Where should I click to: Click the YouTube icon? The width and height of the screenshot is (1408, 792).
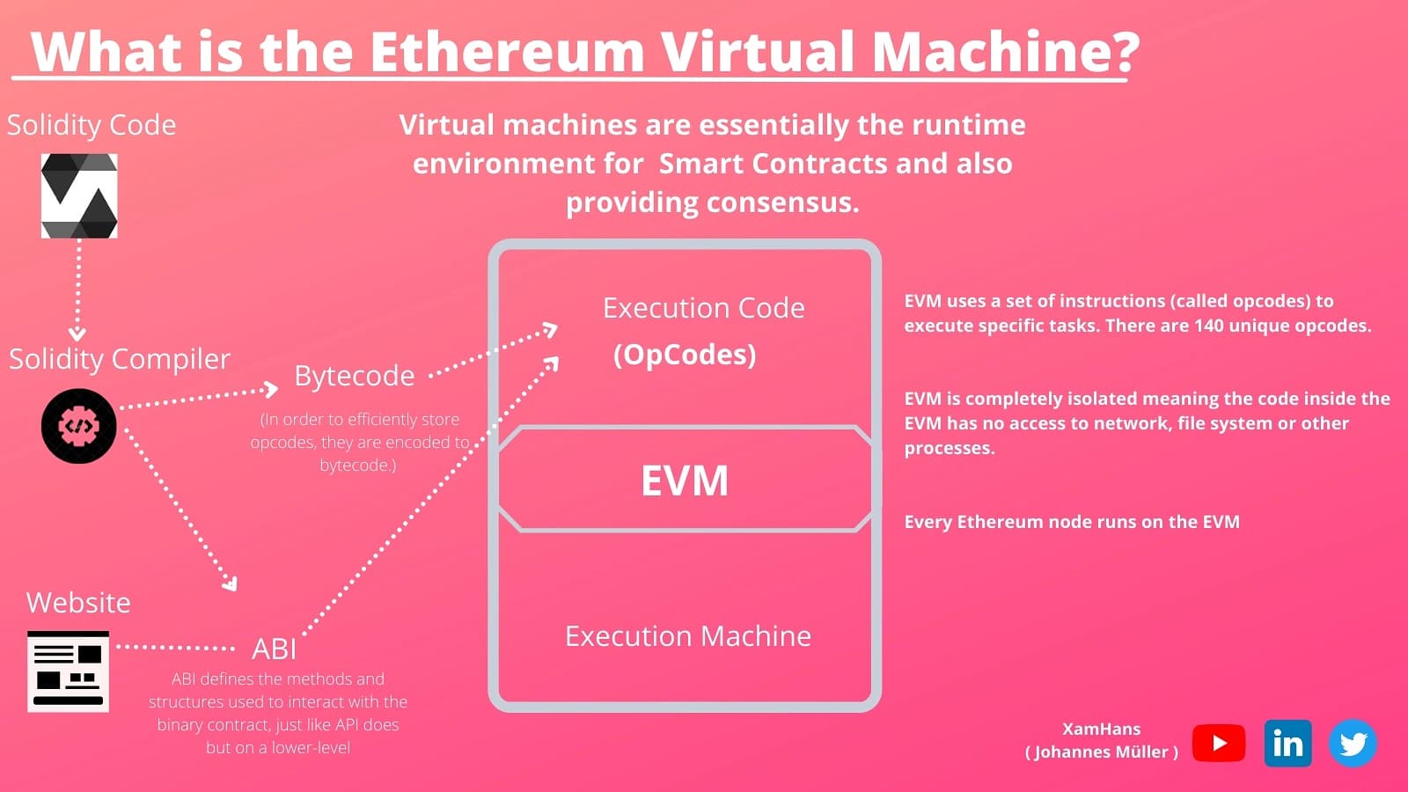click(x=1219, y=744)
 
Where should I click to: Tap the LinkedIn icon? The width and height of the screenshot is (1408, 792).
click(x=1287, y=744)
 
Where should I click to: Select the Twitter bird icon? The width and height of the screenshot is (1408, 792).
click(x=1353, y=744)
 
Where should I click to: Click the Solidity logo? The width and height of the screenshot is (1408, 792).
click(x=79, y=195)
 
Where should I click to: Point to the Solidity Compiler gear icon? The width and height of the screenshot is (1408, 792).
click(x=79, y=426)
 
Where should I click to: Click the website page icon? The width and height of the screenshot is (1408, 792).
click(x=69, y=671)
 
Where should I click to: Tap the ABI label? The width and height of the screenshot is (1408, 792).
click(x=274, y=649)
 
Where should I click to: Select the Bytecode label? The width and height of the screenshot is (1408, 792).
click(x=354, y=376)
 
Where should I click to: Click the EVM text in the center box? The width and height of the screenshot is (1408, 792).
click(x=685, y=480)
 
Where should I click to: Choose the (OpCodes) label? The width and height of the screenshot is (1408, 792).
click(x=685, y=355)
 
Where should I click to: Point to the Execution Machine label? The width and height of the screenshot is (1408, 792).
click(x=687, y=636)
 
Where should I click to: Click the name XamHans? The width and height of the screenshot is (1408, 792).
click(x=1101, y=729)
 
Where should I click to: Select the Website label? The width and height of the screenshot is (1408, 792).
click(x=78, y=603)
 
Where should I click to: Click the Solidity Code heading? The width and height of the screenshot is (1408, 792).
click(x=92, y=125)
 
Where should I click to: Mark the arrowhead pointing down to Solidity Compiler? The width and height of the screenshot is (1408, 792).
click(x=77, y=334)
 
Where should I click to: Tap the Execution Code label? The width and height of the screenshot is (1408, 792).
click(x=703, y=308)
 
